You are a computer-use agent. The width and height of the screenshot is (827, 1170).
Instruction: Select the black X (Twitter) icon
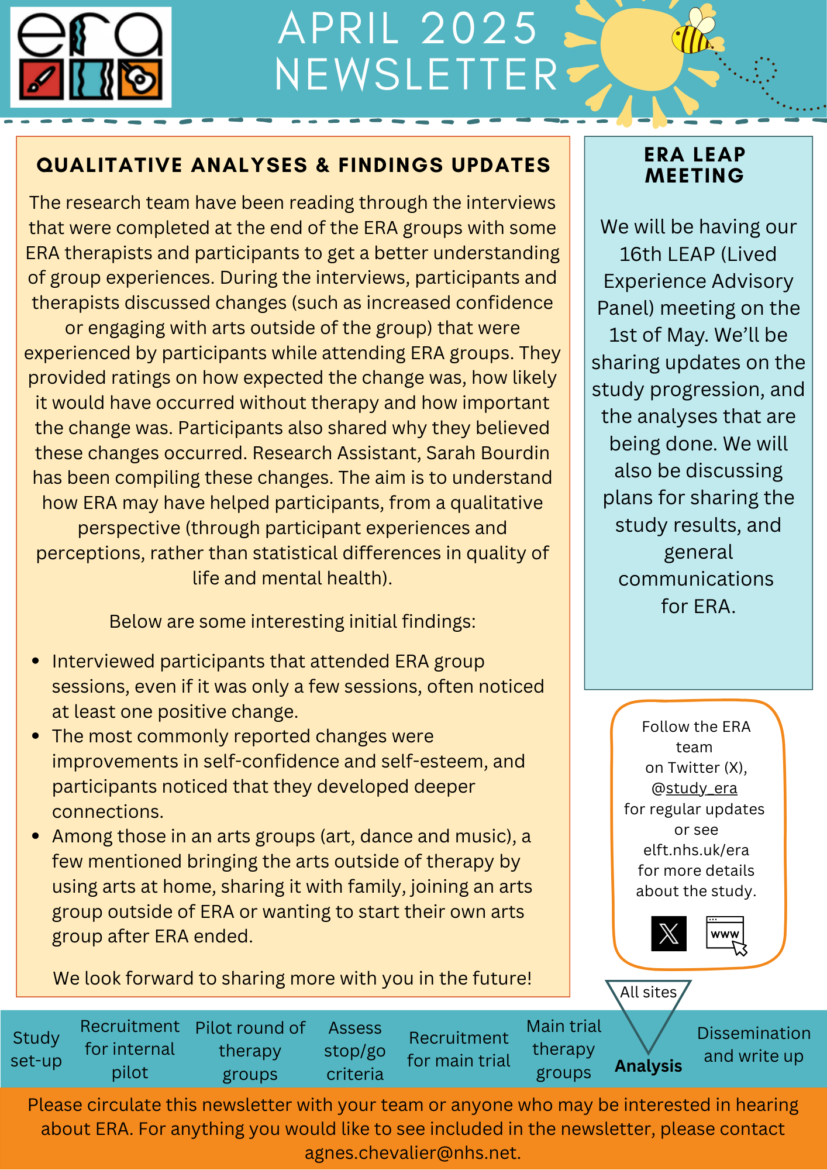click(669, 934)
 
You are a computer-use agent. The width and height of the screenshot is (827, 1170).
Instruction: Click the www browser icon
click(726, 934)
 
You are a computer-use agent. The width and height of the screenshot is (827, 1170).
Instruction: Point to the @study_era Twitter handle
click(694, 789)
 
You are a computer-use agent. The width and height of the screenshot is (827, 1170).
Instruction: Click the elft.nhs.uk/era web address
click(696, 850)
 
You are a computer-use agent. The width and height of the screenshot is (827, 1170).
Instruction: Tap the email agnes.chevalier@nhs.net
click(412, 1152)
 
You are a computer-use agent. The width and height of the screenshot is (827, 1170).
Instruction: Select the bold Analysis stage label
click(648, 1066)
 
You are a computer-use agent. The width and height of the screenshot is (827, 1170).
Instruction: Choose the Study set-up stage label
click(36, 1049)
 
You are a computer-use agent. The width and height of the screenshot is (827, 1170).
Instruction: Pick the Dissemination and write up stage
click(753, 1044)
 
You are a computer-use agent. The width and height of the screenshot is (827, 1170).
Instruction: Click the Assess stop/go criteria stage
click(355, 1051)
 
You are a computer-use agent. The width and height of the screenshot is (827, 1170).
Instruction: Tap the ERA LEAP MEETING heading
click(695, 165)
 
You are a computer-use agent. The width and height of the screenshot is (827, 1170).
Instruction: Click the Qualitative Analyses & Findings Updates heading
click(294, 165)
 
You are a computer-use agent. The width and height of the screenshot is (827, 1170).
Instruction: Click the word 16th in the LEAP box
click(638, 254)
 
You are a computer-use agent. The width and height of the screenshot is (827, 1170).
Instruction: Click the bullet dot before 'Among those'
click(36, 836)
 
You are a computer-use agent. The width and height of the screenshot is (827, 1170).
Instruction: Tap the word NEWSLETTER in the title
click(416, 75)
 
